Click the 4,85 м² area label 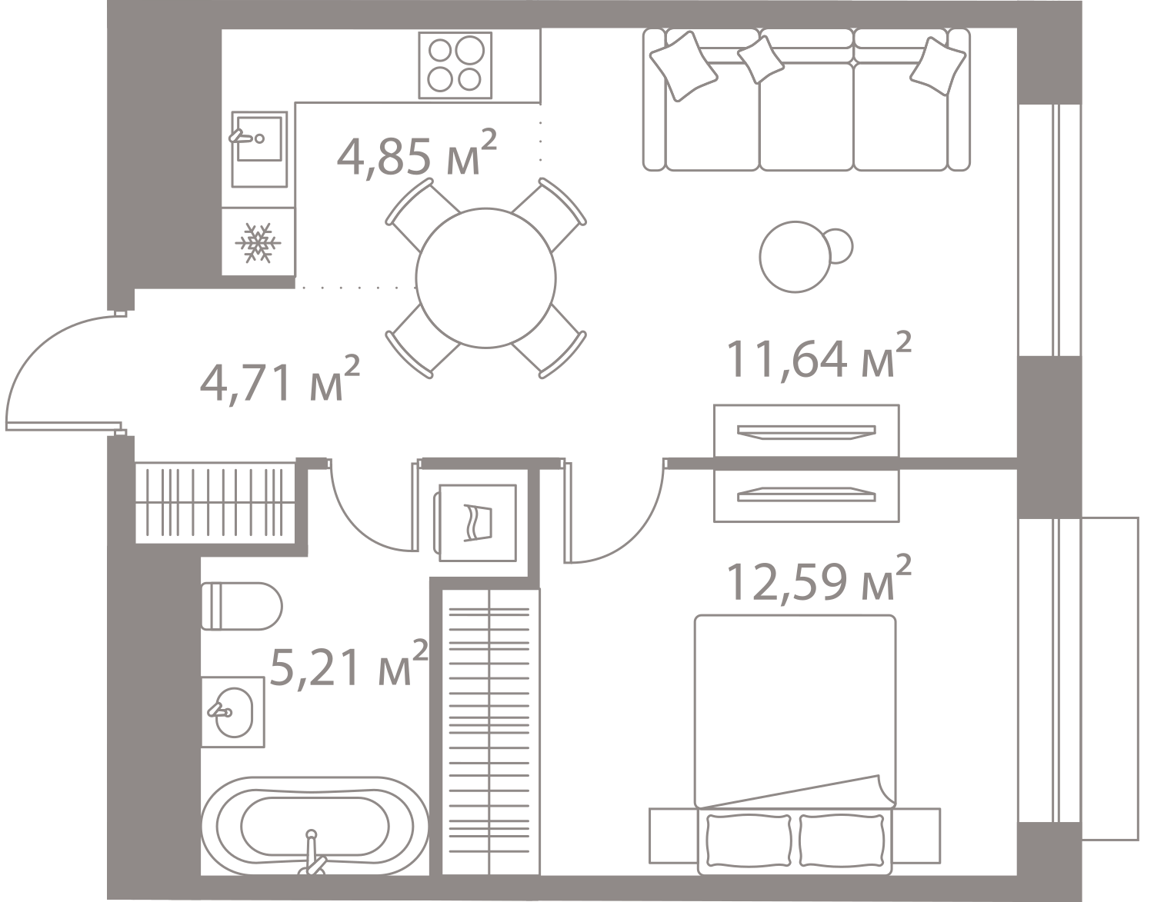(x=417, y=153)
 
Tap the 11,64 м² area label (x=819, y=355)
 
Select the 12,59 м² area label (x=819, y=579)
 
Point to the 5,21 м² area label (x=349, y=664)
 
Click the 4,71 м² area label (x=280, y=378)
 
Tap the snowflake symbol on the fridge (x=258, y=243)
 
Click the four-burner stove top (x=455, y=65)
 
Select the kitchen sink (x=259, y=148)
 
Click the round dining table (x=486, y=278)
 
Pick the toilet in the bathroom (x=242, y=607)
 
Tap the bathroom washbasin (x=232, y=712)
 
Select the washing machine (x=475, y=523)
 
